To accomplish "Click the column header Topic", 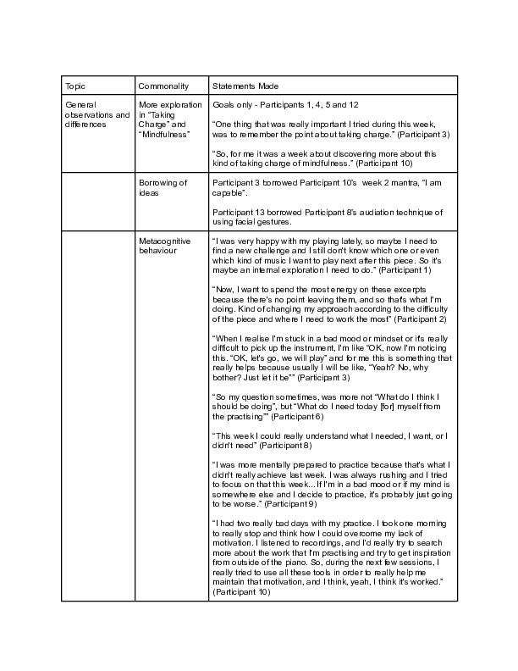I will pyautogui.click(x=75, y=86).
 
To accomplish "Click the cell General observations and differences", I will pyautogui.click(x=97, y=114).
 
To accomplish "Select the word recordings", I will pyautogui.click(x=321, y=550).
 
